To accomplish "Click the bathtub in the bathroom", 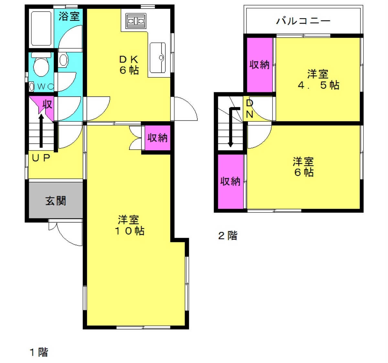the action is [41, 28].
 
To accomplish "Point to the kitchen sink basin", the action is [157, 58].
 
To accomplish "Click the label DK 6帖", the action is [129, 65].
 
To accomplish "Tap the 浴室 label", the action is [69, 16].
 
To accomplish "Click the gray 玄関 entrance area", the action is [56, 200].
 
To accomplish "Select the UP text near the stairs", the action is [41, 158].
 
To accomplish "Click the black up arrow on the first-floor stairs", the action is [41, 131].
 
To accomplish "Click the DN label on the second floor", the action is [250, 108].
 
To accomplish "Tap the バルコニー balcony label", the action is [303, 21].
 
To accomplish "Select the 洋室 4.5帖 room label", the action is [318, 79].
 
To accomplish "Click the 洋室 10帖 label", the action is [129, 225].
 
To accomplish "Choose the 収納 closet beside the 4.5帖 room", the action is [260, 65].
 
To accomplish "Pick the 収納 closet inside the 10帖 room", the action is [157, 138].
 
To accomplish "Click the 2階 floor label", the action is [228, 236].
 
